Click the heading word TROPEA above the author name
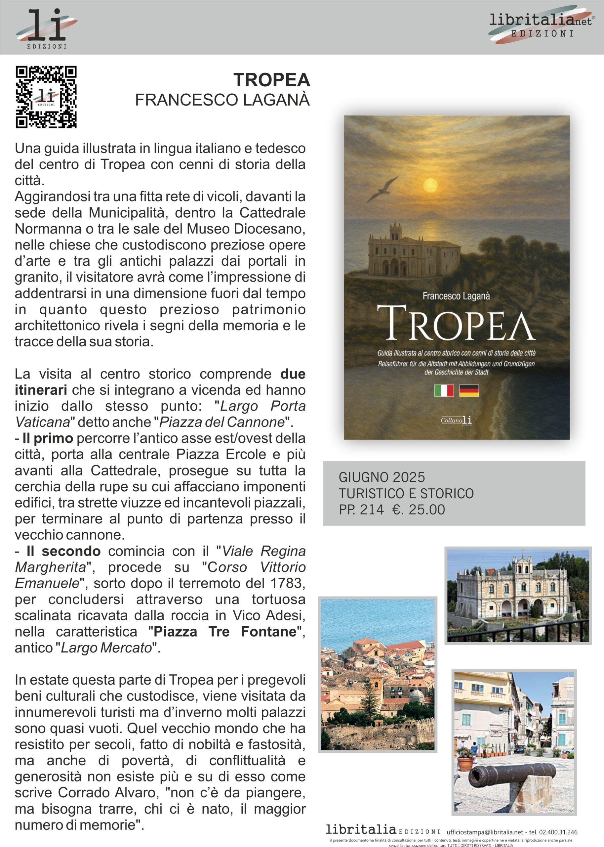[x=271, y=80]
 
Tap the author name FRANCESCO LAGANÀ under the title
[x=222, y=100]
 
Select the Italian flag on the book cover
[x=444, y=390]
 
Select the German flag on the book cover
[x=469, y=390]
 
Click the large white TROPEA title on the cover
[x=456, y=323]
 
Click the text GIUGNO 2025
[x=382, y=477]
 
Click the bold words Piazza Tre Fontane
[x=225, y=632]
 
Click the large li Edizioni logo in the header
[x=47, y=28]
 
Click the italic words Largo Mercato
[x=107, y=648]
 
